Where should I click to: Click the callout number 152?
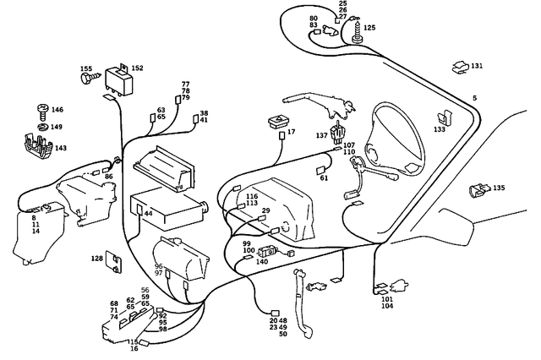137,68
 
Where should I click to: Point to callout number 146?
57,110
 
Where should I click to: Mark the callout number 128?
97,258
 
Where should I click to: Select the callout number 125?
369,28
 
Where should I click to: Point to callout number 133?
440,130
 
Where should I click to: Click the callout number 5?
474,99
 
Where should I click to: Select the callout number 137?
321,135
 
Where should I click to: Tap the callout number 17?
291,133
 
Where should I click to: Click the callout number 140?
261,262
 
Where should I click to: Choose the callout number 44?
148,214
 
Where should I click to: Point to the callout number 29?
265,210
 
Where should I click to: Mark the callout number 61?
324,178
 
